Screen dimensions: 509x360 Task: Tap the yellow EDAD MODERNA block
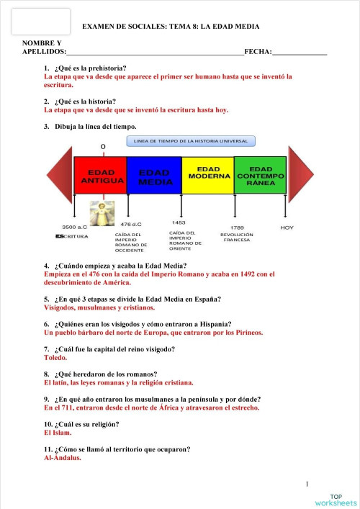pyautogui.click(x=207, y=175)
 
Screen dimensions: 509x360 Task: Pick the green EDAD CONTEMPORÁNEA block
pyautogui.click(x=260, y=175)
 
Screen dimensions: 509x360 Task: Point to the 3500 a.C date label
pyautogui.click(x=75, y=227)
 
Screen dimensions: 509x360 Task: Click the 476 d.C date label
pyautogui.click(x=131, y=225)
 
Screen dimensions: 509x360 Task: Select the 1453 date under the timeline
pyautogui.click(x=179, y=223)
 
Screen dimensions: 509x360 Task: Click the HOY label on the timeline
pyautogui.click(x=287, y=227)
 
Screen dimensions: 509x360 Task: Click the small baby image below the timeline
pyautogui.click(x=102, y=213)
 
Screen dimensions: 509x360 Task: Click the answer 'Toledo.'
pyautogui.click(x=55, y=358)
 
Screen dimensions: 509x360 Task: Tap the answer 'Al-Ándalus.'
pyautogui.click(x=63, y=458)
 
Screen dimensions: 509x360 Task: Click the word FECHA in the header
pyautogui.click(x=257, y=53)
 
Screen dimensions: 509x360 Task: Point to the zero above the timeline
pyautogui.click(x=103, y=147)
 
